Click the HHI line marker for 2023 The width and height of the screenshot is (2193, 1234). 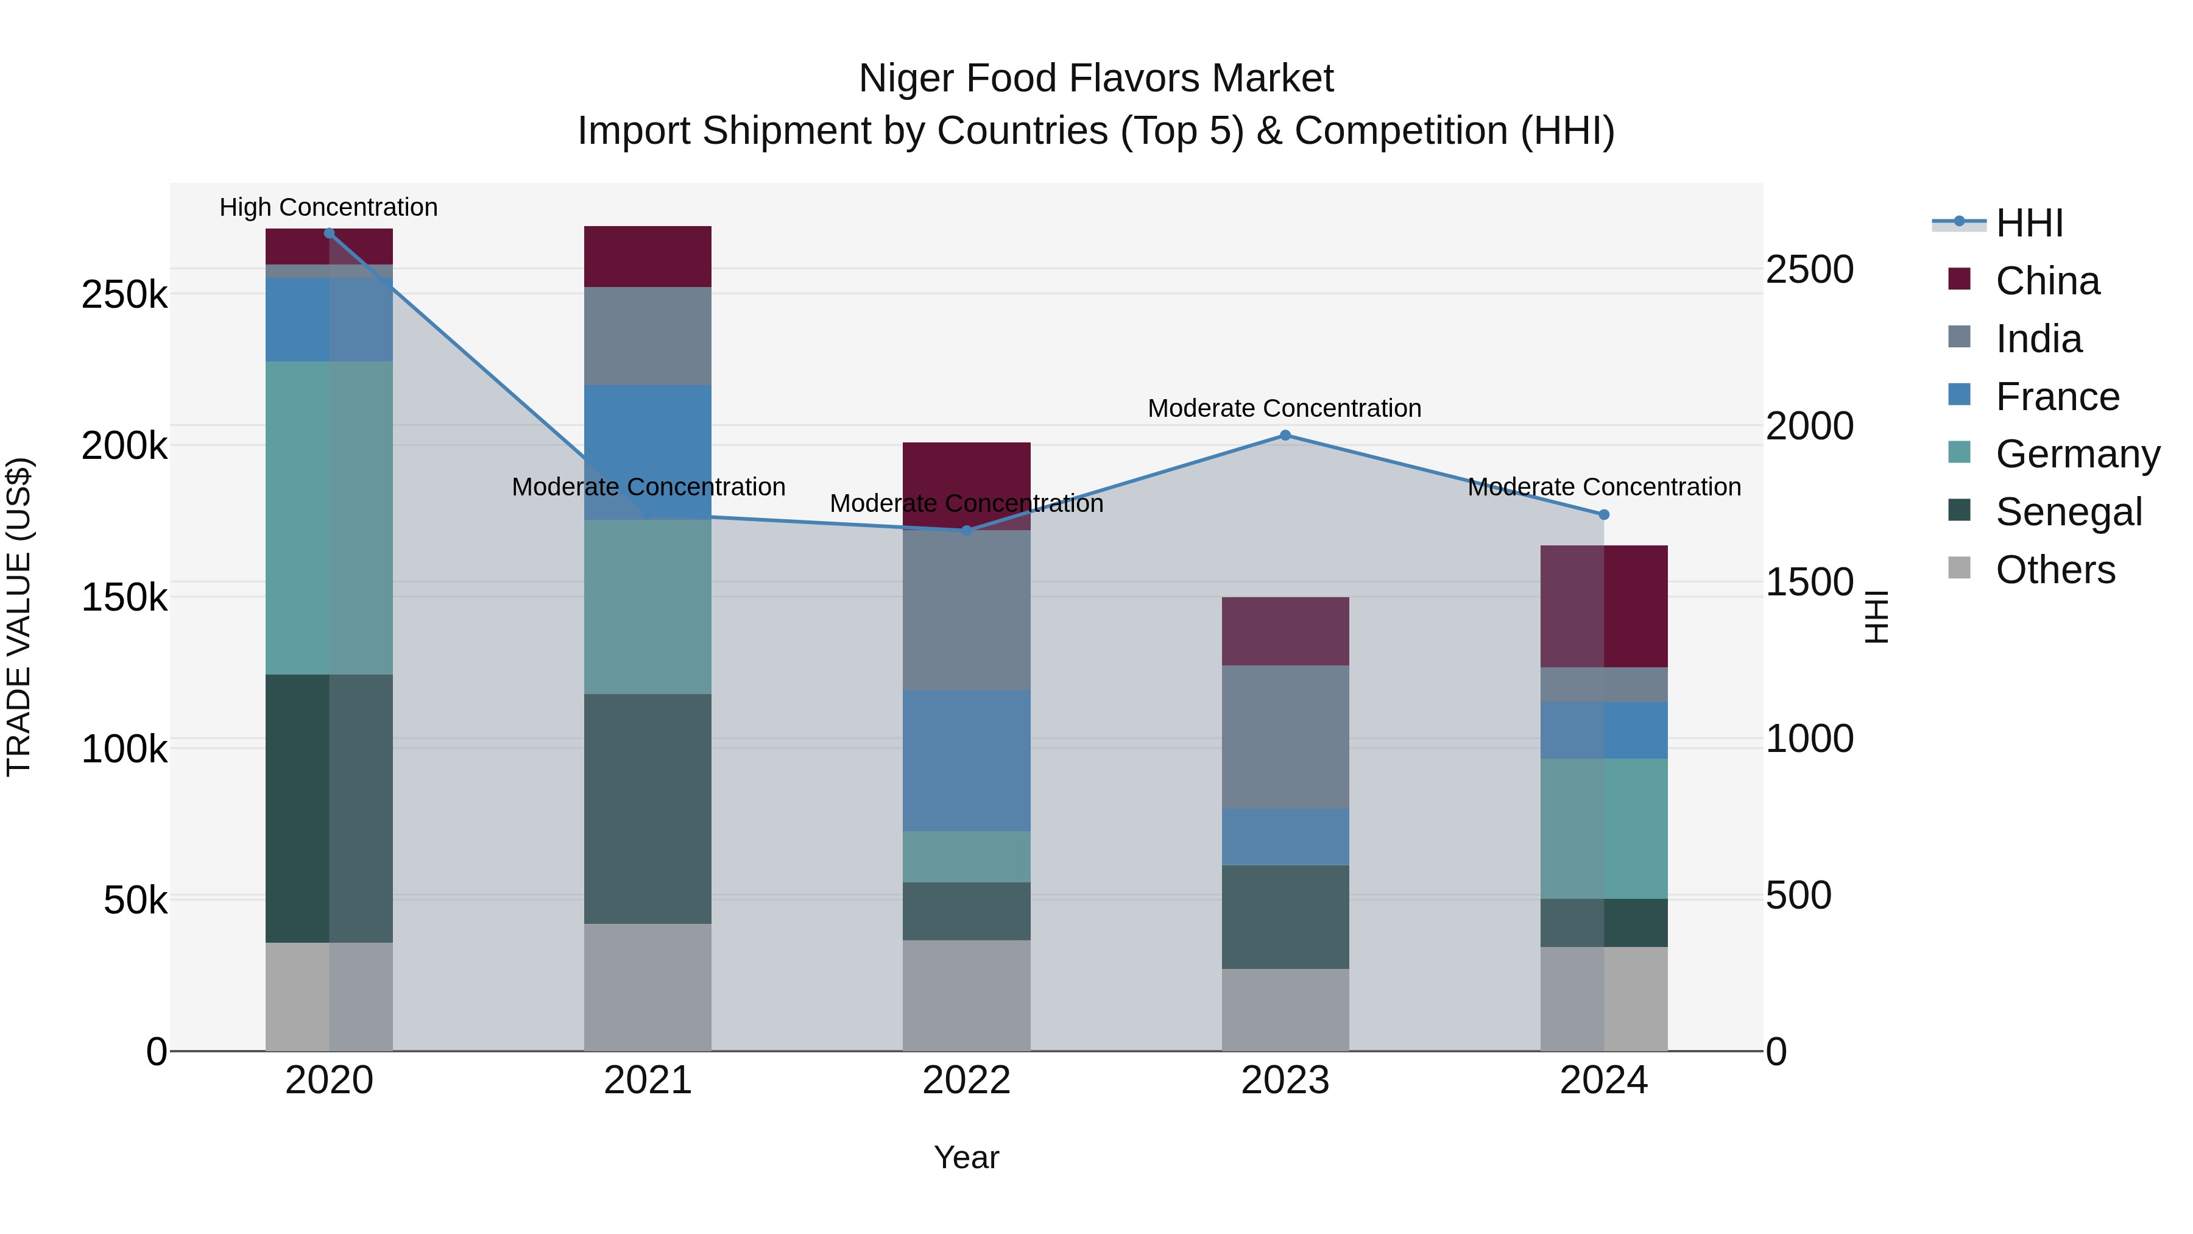1285,435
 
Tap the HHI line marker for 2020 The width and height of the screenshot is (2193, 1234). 330,233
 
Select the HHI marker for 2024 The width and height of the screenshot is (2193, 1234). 1603,514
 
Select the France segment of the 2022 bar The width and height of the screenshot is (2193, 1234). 966,760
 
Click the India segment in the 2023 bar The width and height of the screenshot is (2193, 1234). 1285,737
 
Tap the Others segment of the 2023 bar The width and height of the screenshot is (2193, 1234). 1285,1009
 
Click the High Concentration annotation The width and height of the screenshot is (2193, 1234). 328,207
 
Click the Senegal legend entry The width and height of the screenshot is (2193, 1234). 2068,512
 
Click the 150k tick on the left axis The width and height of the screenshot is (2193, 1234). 124,597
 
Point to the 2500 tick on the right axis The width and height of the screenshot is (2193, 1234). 1809,269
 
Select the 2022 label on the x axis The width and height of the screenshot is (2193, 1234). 966,1080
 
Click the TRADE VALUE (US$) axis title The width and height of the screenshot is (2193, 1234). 19,617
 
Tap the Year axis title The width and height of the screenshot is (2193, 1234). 966,1157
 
